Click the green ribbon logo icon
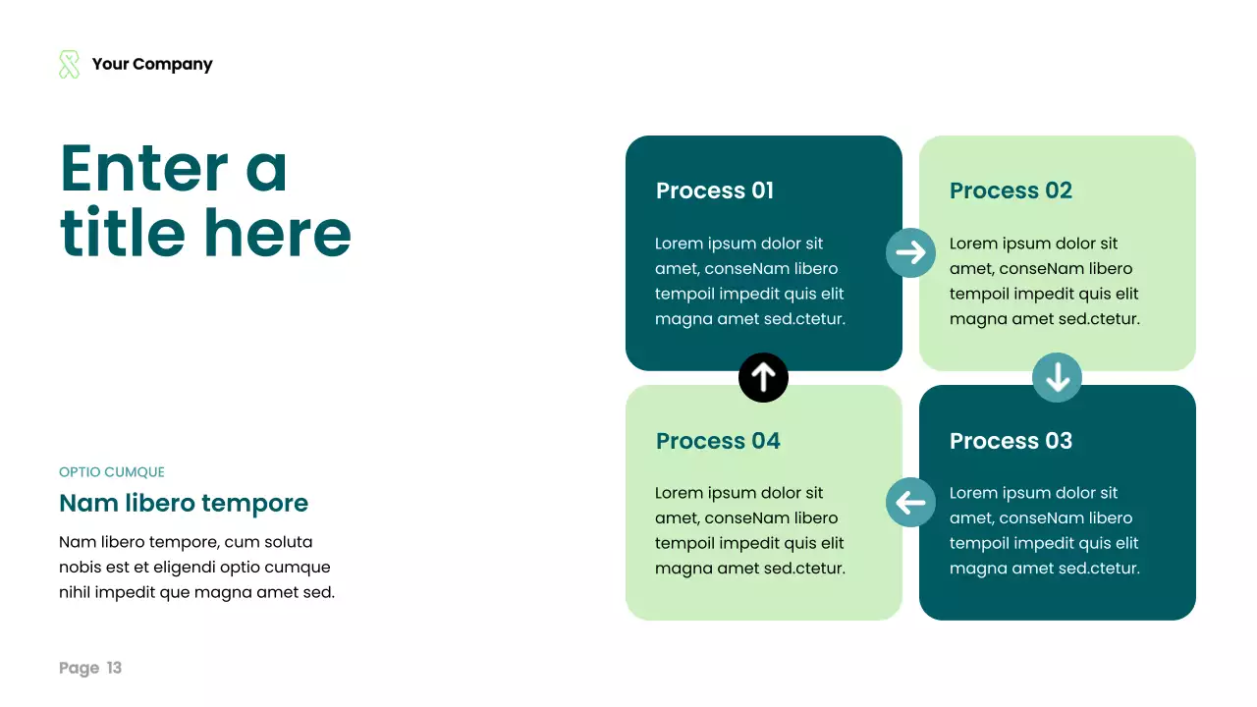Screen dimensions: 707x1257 click(x=69, y=65)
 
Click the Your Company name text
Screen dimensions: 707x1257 click(x=152, y=65)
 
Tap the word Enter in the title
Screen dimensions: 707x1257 click(x=144, y=169)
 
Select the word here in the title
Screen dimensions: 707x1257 click(x=278, y=233)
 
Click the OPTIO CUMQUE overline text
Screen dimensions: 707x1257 click(x=112, y=472)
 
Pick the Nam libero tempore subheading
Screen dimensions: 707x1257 click(x=184, y=504)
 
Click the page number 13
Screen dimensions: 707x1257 click(x=114, y=669)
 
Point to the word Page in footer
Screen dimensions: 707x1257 click(x=79, y=669)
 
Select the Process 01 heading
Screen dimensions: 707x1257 click(x=715, y=190)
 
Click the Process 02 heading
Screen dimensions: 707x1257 click(x=1011, y=190)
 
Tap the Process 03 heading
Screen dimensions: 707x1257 click(x=1011, y=441)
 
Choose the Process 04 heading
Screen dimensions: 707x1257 click(x=718, y=441)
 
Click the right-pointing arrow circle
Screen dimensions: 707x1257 click(x=910, y=252)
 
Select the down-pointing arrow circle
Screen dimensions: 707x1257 click(x=1057, y=377)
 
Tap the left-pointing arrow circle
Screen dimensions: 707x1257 click(x=910, y=503)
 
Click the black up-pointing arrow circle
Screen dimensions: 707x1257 click(x=763, y=377)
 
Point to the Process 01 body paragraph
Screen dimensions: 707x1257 click(x=749, y=281)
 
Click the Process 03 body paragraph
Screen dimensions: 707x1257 click(x=1044, y=530)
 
